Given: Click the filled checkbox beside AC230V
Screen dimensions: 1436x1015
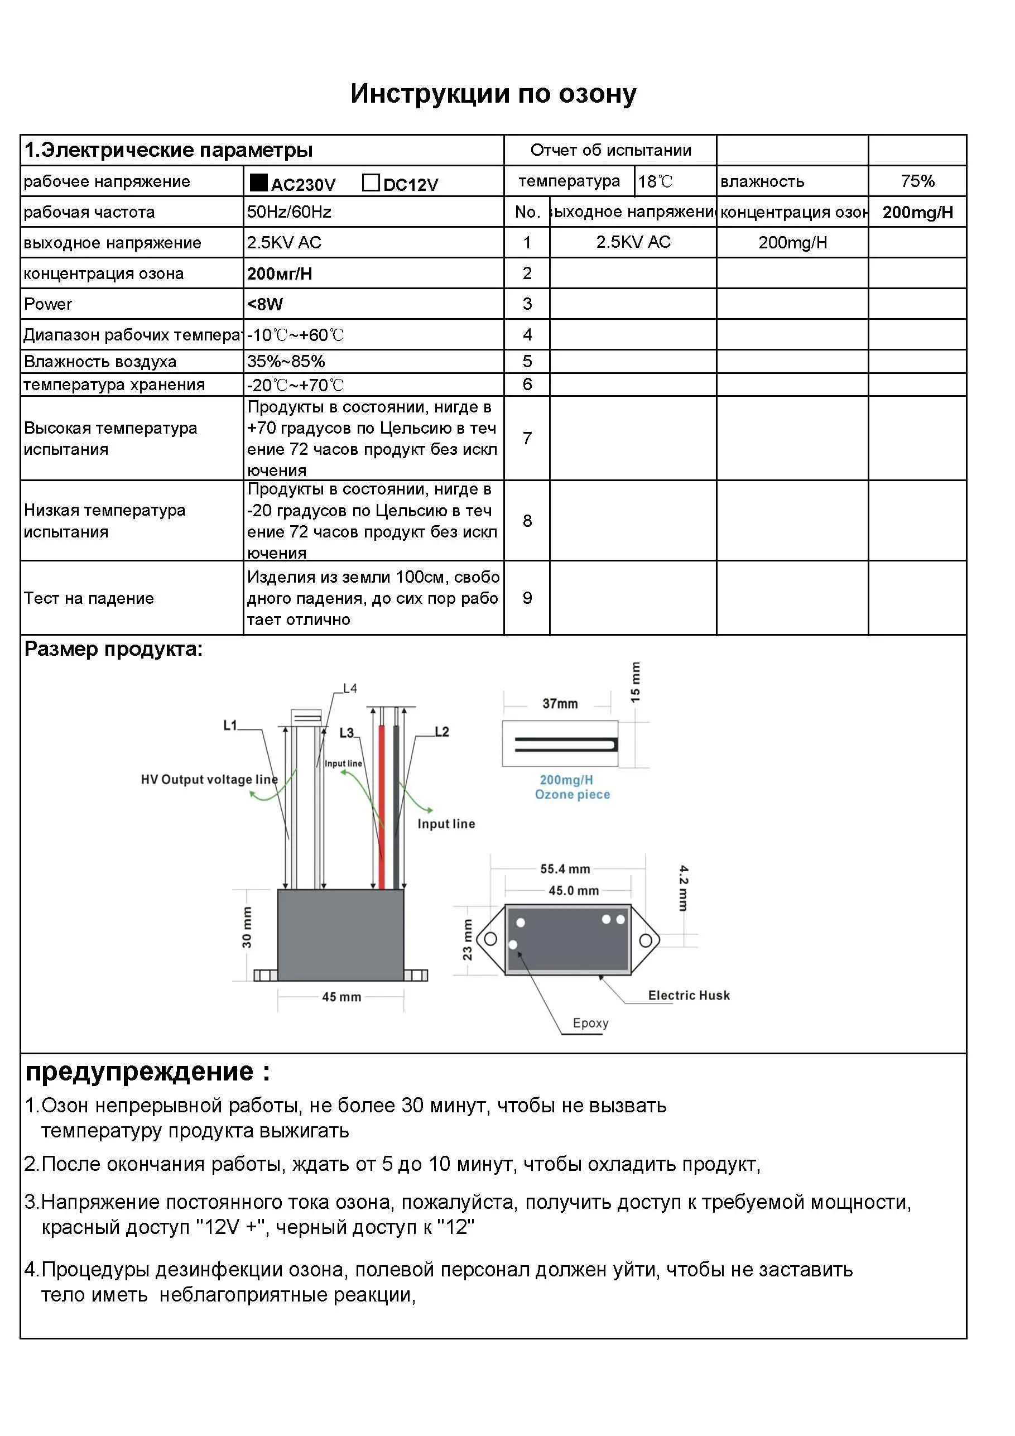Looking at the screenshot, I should [258, 182].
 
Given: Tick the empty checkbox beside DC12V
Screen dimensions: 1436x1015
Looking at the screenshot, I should [371, 182].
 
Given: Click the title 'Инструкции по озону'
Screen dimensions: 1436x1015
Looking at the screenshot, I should [493, 94].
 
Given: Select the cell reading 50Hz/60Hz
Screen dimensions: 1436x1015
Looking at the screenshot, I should [289, 212].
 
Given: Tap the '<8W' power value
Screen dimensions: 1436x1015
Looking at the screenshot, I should [264, 304].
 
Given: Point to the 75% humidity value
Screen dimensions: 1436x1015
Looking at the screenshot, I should [917, 181].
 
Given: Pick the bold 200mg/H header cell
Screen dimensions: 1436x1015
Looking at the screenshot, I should [917, 212].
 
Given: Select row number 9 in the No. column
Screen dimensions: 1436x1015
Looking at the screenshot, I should [527, 598].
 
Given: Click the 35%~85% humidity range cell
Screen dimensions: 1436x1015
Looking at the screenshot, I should [286, 361].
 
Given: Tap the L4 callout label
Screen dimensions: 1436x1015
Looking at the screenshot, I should [350, 688].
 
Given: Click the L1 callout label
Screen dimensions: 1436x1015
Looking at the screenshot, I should [230, 725].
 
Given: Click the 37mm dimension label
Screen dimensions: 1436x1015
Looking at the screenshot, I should [560, 704].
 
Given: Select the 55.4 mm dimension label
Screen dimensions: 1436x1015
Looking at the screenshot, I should [565, 869].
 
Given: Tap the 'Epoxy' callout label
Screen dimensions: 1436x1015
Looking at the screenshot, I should [590, 1023].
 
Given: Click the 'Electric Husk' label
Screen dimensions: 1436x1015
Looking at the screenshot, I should [689, 995].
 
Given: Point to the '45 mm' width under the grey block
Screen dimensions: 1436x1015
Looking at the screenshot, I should [341, 997].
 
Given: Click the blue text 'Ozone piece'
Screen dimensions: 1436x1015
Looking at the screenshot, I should [572, 794].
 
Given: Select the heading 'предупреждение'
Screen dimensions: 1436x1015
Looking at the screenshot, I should [139, 1072].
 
